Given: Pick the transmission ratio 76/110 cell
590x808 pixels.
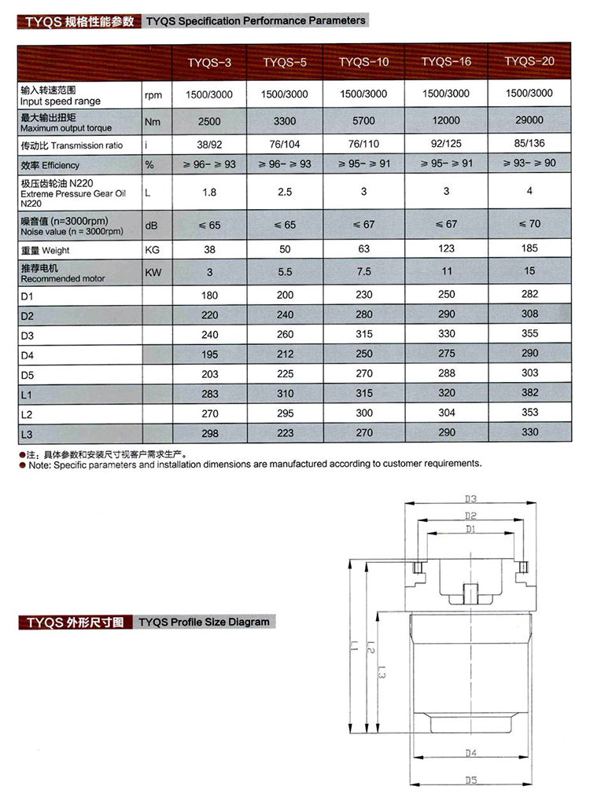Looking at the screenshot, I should [x=363, y=145].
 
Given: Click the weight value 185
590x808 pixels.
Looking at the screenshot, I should [x=529, y=248].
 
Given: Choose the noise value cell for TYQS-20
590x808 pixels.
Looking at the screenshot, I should [x=529, y=223].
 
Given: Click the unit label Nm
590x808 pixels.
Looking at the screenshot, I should [x=152, y=122].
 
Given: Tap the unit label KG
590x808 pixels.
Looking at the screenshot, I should [x=153, y=250].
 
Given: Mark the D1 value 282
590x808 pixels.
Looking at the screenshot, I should [x=529, y=294].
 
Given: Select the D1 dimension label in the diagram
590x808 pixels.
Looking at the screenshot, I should [x=470, y=530].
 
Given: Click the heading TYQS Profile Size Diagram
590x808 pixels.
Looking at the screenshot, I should [x=204, y=622].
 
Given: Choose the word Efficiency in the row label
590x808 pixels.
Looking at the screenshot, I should [x=61, y=167].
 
